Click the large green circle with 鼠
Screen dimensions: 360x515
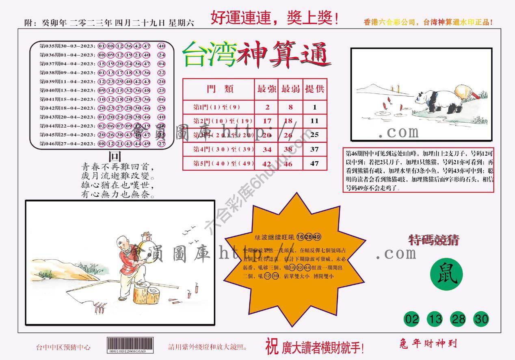pos(446,277)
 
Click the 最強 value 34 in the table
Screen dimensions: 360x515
pos(267,149)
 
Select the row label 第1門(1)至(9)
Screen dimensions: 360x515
pos(217,107)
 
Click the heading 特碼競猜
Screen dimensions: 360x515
pos(434,240)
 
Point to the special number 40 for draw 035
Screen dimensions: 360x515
pos(161,46)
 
